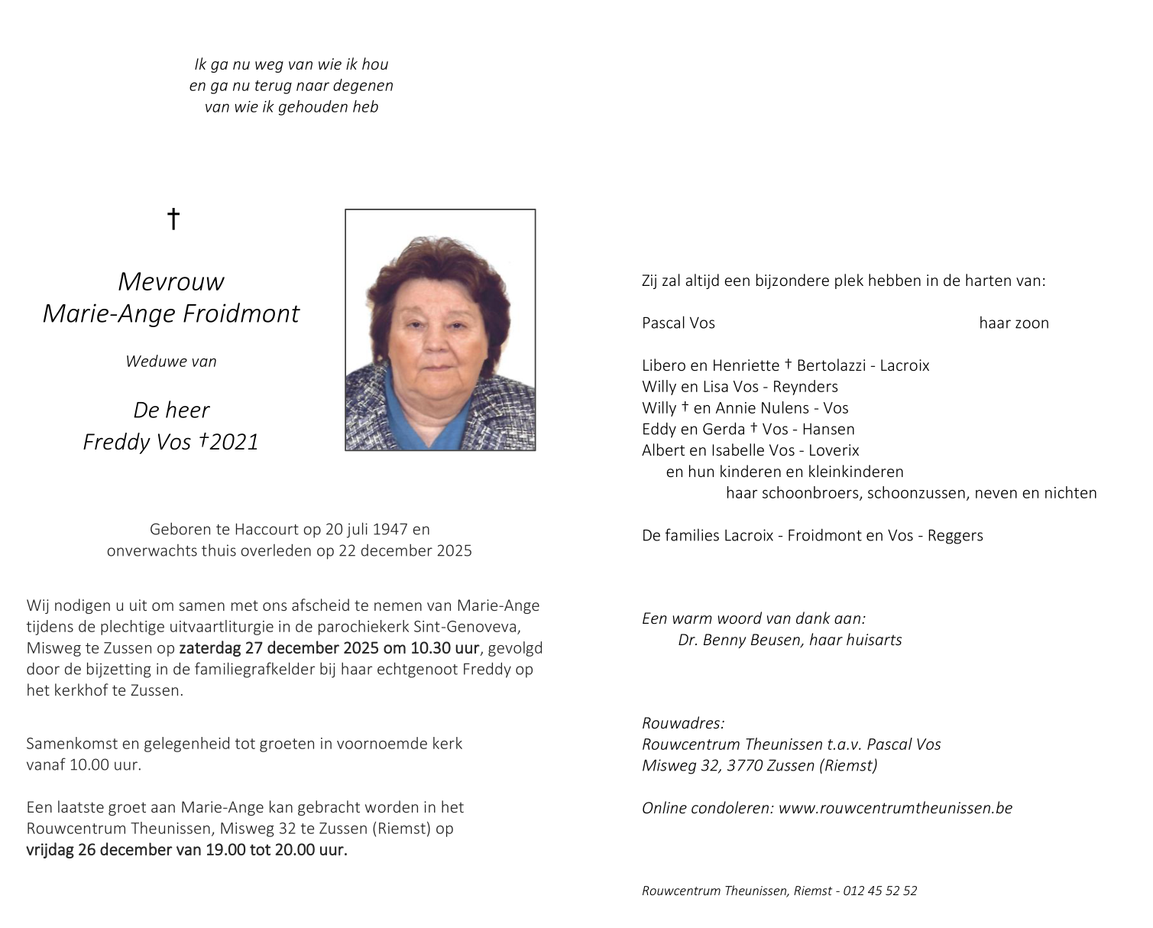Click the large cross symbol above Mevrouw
(x=173, y=219)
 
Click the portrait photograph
(x=440, y=329)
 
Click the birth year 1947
(x=390, y=529)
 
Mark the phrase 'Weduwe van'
(x=171, y=362)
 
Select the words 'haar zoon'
(x=1014, y=323)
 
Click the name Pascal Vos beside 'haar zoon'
(x=679, y=323)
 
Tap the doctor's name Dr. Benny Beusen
(x=739, y=640)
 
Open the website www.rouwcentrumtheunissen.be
(x=895, y=808)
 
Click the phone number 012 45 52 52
(x=880, y=891)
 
